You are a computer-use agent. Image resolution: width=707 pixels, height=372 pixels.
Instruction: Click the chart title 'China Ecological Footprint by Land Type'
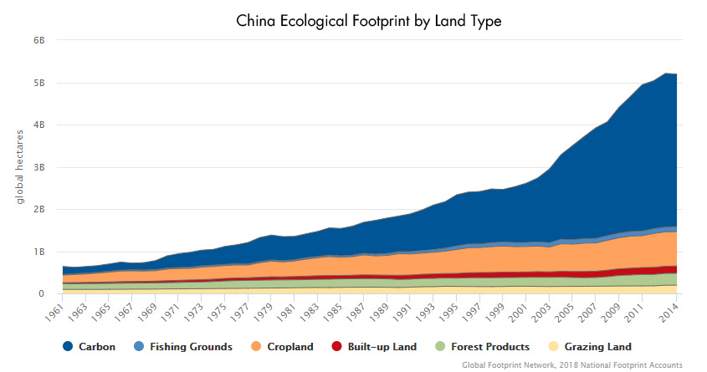click(x=368, y=21)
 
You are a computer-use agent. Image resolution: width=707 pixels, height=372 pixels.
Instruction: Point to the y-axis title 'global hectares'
click(x=19, y=167)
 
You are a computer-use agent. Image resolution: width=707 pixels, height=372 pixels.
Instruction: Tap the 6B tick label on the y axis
click(x=38, y=40)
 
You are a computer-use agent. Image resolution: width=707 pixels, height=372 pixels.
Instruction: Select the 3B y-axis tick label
click(x=38, y=167)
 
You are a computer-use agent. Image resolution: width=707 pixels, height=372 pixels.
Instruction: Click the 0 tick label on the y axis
click(x=42, y=294)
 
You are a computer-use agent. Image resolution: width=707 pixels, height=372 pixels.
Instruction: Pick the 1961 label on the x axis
click(x=54, y=312)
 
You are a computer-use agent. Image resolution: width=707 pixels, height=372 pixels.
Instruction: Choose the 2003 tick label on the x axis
click(x=540, y=312)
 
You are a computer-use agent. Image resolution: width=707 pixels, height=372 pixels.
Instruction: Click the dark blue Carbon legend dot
click(x=68, y=346)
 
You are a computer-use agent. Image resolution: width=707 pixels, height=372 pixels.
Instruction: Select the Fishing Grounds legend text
click(x=191, y=347)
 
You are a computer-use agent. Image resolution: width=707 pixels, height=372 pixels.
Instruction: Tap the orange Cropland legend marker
click(x=256, y=346)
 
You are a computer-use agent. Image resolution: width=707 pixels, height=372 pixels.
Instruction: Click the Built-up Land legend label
click(x=382, y=347)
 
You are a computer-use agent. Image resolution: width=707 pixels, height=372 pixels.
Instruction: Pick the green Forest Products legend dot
click(x=440, y=346)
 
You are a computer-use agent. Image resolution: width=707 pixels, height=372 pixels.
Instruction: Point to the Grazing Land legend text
click(x=598, y=347)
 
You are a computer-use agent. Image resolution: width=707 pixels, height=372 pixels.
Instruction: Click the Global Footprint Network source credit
click(x=572, y=364)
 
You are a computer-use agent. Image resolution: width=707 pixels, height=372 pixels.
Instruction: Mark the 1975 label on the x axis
click(x=217, y=312)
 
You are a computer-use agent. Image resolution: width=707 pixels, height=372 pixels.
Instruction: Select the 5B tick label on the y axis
click(x=38, y=84)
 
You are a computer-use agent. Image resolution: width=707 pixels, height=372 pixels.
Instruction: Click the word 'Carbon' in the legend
click(x=97, y=347)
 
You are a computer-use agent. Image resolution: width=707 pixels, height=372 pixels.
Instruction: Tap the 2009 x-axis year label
click(x=611, y=312)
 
